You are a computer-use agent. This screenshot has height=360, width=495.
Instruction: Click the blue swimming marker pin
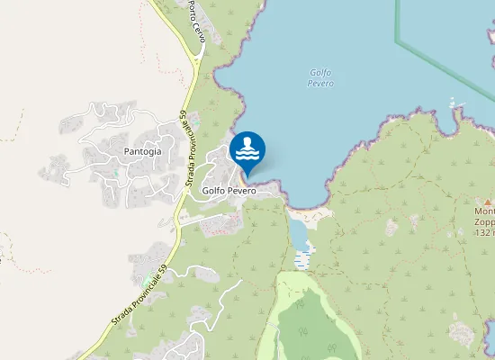click(x=247, y=149)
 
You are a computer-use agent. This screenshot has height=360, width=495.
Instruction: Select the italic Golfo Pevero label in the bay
click(x=320, y=78)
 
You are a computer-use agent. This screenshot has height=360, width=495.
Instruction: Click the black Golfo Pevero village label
click(x=229, y=191)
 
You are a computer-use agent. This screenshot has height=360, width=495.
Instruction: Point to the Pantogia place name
click(x=143, y=151)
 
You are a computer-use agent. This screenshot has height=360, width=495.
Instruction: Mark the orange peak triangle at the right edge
click(x=488, y=202)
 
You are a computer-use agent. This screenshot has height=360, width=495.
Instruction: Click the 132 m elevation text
click(x=484, y=232)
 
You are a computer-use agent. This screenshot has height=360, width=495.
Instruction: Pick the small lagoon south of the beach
click(x=300, y=235)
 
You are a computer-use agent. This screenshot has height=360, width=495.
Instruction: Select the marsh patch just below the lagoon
click(x=301, y=259)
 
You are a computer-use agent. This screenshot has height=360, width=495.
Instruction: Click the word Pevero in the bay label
click(x=320, y=84)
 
